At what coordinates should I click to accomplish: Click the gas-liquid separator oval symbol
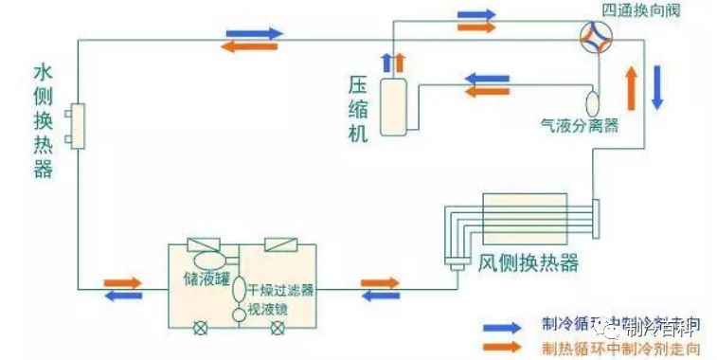point(593,100)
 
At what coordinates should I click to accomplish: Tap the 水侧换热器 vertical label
point(42,121)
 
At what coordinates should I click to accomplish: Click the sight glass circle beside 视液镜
point(239,314)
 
